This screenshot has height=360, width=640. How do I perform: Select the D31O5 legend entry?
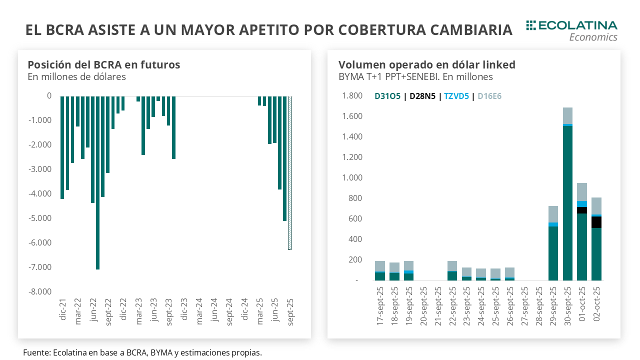click(387, 96)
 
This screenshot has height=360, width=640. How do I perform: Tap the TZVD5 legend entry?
click(456, 96)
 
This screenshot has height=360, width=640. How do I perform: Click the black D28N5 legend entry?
click(422, 96)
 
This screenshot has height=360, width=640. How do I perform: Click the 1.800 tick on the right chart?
click(351, 96)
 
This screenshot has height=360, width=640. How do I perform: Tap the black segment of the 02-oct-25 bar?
click(596, 222)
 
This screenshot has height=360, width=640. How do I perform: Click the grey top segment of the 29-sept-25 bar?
click(553, 214)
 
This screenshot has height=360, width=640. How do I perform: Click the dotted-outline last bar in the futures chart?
click(289, 172)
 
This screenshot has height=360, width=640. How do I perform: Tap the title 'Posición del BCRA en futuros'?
click(103, 64)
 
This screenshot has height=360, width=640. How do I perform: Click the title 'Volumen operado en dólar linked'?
click(426, 64)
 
